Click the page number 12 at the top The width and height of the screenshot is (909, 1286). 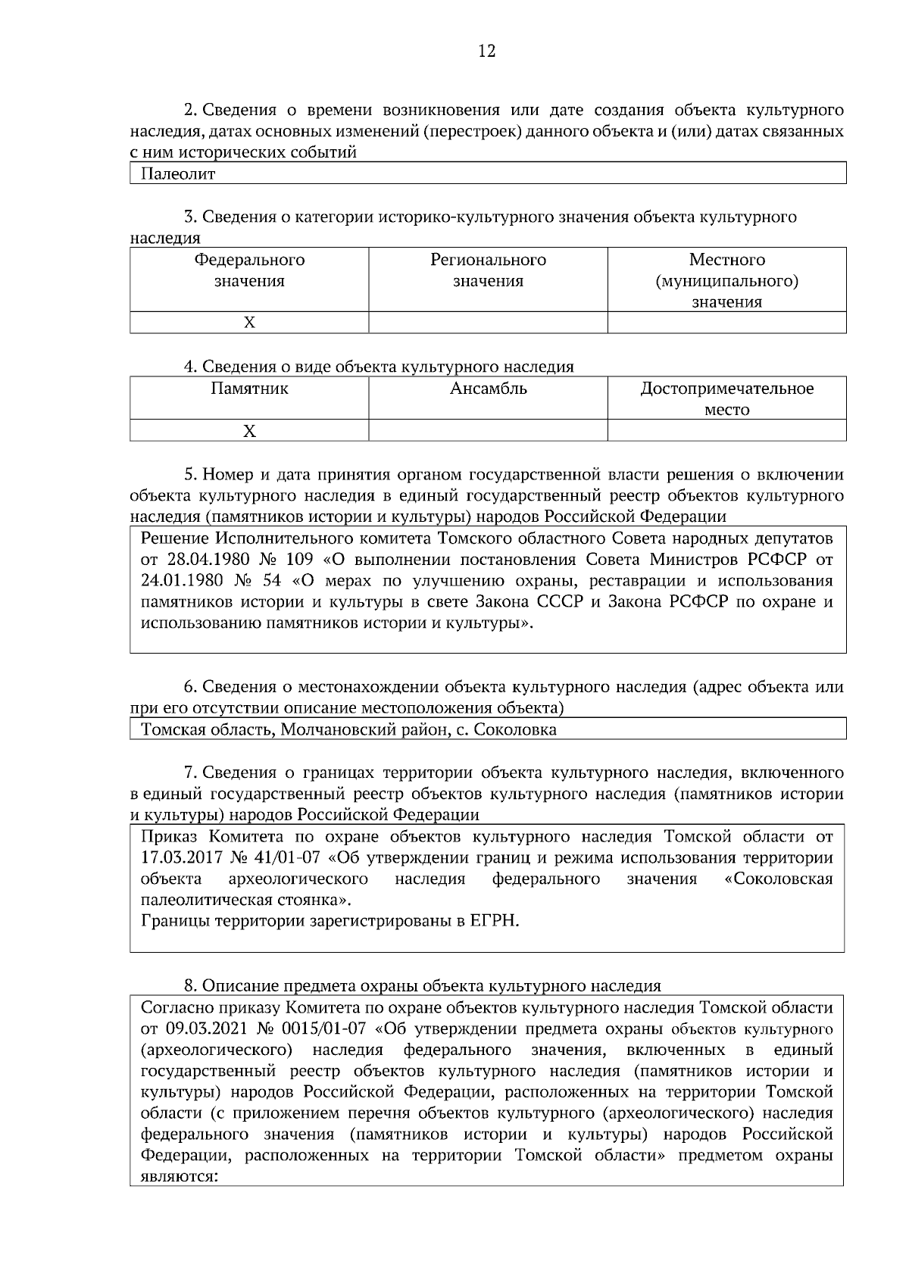487,52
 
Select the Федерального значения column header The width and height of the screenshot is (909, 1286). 249,270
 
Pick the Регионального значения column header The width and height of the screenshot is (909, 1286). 488,270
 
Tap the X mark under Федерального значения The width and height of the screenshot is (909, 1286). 249,323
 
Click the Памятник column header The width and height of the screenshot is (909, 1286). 249,389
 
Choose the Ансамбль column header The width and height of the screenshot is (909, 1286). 488,389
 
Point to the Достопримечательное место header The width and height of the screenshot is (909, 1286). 726,399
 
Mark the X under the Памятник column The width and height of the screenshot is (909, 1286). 249,431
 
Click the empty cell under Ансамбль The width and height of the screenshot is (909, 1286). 488,431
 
